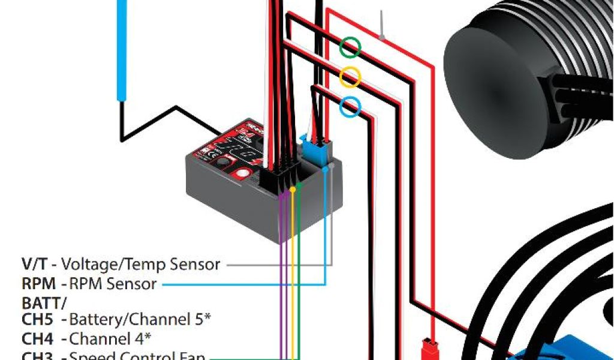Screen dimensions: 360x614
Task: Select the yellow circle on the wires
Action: click(350, 77)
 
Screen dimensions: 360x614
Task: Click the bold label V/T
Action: click(35, 263)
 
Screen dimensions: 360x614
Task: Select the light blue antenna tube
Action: click(122, 48)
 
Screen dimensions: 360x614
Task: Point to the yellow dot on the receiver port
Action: click(293, 190)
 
